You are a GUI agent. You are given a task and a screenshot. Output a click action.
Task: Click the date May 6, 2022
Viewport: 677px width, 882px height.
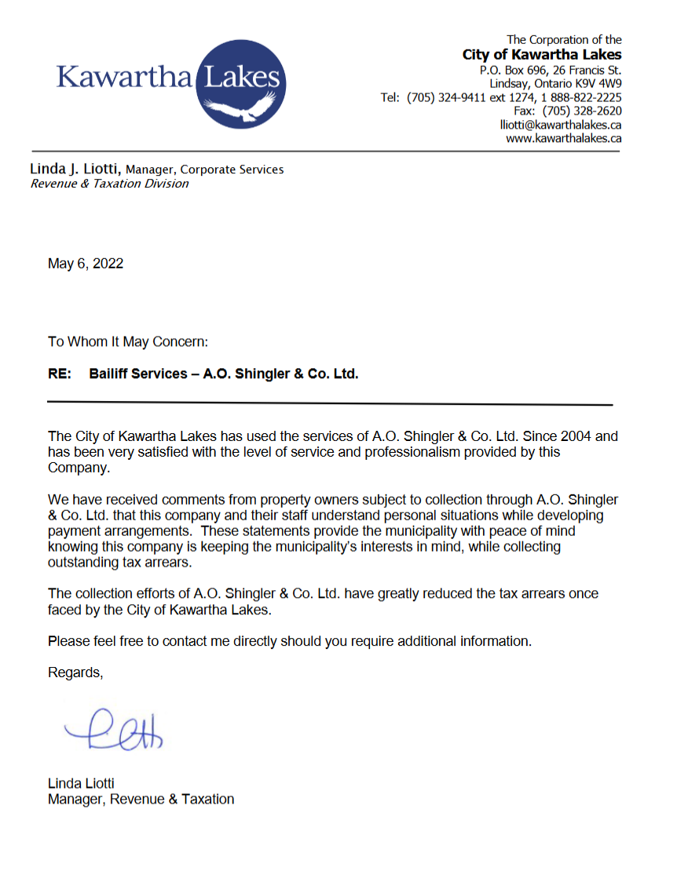coord(86,264)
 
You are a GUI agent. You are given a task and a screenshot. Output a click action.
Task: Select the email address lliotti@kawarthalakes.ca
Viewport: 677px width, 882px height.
coord(561,125)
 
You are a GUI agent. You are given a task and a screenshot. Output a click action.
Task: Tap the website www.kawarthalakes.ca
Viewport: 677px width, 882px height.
coord(564,138)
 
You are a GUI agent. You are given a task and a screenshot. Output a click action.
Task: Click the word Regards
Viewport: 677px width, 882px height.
coord(75,672)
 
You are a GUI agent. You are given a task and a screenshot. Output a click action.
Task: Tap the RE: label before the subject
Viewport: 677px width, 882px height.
coord(60,374)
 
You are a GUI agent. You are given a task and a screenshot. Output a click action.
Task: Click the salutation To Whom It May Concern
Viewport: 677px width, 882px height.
coord(128,341)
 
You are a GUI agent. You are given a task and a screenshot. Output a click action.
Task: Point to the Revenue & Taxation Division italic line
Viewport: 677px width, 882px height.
coord(109,184)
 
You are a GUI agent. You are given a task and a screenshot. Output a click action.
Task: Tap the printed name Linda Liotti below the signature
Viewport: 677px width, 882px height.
coord(81,783)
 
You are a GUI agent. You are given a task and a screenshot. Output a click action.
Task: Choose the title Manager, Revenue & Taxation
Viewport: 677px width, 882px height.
coord(141,799)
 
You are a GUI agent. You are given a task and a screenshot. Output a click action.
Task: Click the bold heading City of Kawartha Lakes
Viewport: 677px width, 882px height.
coord(542,55)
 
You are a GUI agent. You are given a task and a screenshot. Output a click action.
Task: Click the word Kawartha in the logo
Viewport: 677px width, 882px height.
coord(124,78)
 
